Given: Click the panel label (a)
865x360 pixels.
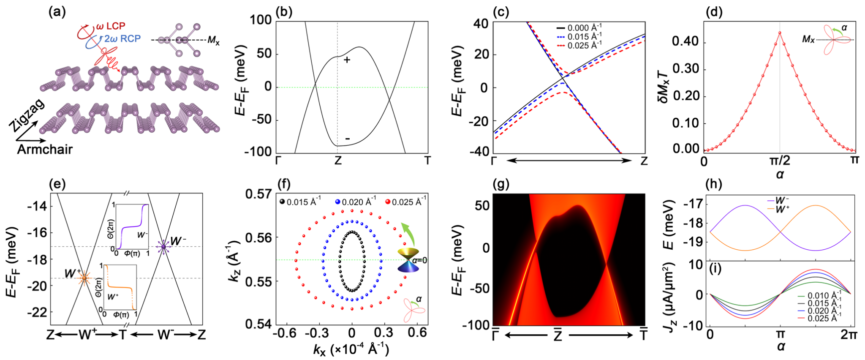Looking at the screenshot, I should point(57,12).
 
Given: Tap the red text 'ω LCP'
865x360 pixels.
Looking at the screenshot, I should point(110,26).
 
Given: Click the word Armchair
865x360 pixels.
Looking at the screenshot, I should point(45,150).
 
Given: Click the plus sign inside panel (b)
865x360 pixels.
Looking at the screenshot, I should point(347,60).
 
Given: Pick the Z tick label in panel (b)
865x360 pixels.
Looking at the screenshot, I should point(337,161).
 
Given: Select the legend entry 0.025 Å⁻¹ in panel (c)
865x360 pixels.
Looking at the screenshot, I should point(585,45).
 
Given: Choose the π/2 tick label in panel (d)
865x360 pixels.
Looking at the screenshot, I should point(779,161).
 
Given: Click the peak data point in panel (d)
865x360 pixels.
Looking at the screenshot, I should point(780,33).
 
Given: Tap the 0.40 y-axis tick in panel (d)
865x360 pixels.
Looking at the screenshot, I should point(686,42).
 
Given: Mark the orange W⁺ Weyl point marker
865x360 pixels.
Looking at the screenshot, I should point(84,278).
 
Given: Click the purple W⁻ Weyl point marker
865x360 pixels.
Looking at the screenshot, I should point(163,246).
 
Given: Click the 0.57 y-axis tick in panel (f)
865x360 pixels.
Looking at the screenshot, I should point(258,194).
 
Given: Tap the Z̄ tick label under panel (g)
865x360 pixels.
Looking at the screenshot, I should point(558,335).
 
